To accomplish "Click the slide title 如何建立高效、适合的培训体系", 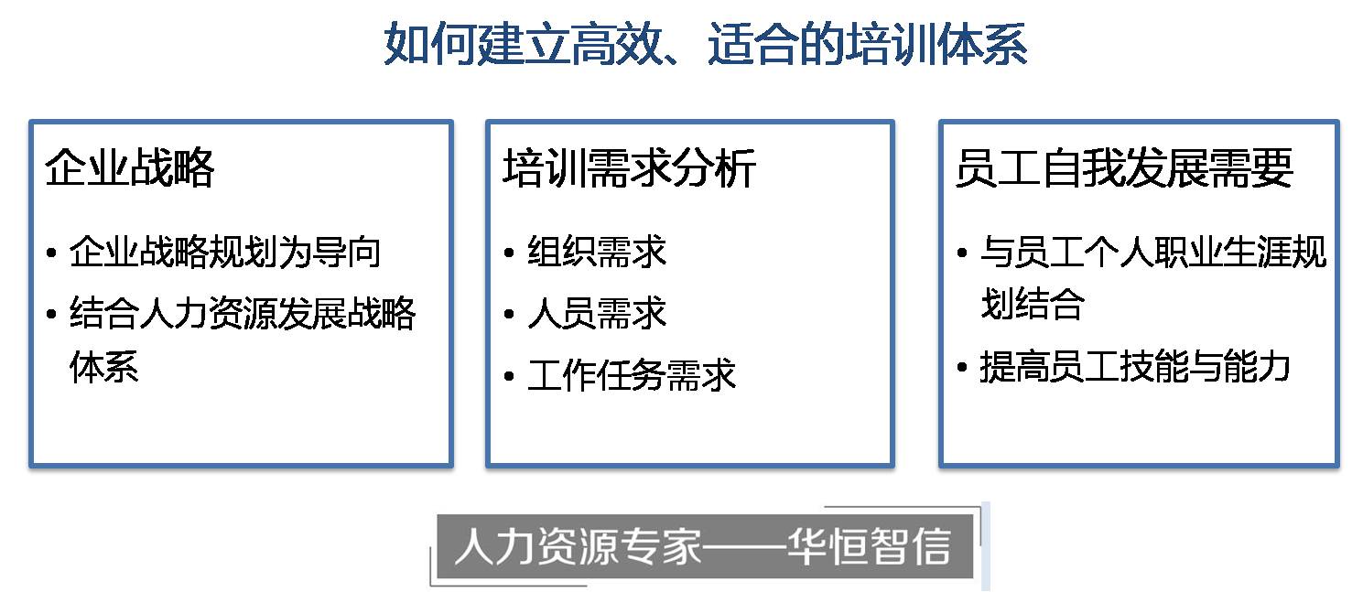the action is tap(705, 43).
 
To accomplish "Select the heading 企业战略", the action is tap(130, 167).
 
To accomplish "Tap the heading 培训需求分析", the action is tap(629, 167).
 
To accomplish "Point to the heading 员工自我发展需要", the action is tap(1124, 167).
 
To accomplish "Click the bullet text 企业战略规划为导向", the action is tap(225, 252).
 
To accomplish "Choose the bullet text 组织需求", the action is tap(597, 252).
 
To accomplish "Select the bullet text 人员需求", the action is tap(597, 314).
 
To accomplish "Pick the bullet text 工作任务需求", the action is tap(632, 375).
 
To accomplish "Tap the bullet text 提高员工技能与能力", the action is tap(1135, 366).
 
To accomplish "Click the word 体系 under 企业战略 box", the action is tap(104, 366).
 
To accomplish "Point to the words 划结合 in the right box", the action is tap(1032, 303).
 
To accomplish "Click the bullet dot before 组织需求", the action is tap(509, 253).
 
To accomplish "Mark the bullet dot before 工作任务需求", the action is tap(509, 376).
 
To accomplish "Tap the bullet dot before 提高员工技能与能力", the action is tap(962, 367).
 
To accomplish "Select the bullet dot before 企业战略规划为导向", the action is tap(51, 253).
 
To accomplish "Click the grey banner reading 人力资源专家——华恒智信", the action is tap(705, 545).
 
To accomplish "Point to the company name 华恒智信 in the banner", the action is tap(869, 545).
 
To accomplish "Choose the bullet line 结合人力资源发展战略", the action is tap(243, 314).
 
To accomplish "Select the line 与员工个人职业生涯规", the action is tap(1153, 252).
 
